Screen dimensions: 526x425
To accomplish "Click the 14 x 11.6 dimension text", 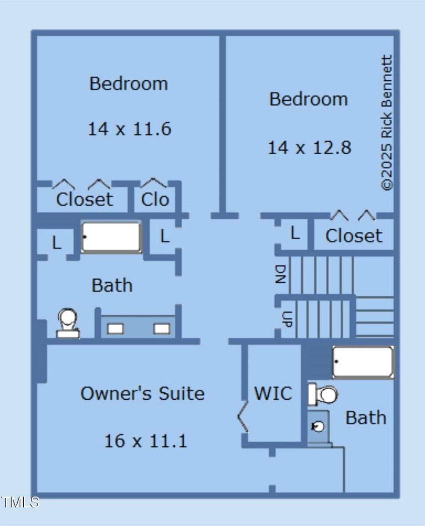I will (130, 129).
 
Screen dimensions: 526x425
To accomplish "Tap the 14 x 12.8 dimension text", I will (310, 148).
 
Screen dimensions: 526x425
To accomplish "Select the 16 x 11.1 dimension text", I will (145, 441).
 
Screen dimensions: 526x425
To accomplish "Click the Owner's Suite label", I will (142, 394).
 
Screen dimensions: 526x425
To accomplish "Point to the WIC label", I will (273, 394).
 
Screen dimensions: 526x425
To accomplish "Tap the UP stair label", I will (286, 319).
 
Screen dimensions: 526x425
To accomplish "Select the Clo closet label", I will (155, 200).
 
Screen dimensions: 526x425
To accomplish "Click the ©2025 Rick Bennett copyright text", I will (387, 123).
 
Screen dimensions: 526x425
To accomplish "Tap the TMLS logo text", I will (20, 502).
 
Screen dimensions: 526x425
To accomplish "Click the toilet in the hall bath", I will (68, 323).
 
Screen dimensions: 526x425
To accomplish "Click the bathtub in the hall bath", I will (112, 237).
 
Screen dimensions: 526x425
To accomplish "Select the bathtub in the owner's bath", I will (363, 362).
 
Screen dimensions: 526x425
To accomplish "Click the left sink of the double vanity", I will (116, 328).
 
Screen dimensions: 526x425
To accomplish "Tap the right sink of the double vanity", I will (162, 328).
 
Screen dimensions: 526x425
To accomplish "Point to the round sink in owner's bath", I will (318, 426).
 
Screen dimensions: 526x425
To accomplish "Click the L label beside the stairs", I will (295, 234).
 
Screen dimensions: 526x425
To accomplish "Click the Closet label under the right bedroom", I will (353, 236).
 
